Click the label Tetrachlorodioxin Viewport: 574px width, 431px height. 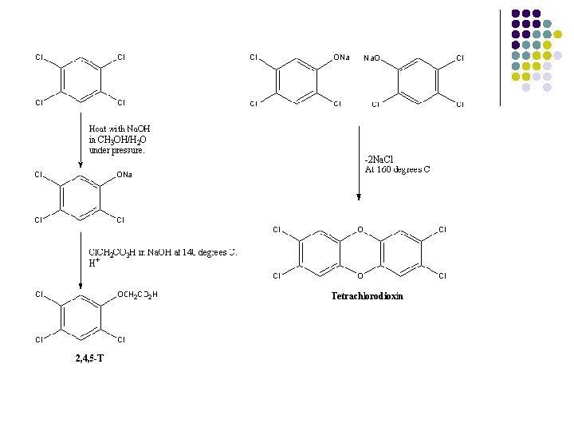(368, 296)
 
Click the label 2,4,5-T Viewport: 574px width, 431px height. (89, 358)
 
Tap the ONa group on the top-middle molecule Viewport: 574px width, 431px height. (341, 57)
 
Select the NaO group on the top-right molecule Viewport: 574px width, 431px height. (372, 58)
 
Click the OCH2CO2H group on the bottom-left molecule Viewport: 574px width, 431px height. (137, 295)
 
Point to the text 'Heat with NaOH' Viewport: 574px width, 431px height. (120, 129)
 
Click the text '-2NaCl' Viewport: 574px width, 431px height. (379, 158)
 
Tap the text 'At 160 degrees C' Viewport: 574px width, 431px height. (397, 169)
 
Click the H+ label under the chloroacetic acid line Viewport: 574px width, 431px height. (93, 263)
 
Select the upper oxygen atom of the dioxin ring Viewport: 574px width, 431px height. (360, 231)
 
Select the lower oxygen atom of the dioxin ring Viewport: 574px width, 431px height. (360, 276)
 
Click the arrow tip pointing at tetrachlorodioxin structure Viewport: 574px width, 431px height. (359, 198)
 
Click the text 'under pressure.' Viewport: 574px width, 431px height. (117, 149)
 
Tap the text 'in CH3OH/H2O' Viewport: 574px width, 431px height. (117, 139)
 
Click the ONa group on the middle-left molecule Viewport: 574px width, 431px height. (124, 175)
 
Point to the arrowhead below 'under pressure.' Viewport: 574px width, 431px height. (81, 165)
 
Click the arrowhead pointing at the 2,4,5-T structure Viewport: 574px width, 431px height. (81, 286)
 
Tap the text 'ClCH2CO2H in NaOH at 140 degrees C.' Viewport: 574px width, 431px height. (163, 252)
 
